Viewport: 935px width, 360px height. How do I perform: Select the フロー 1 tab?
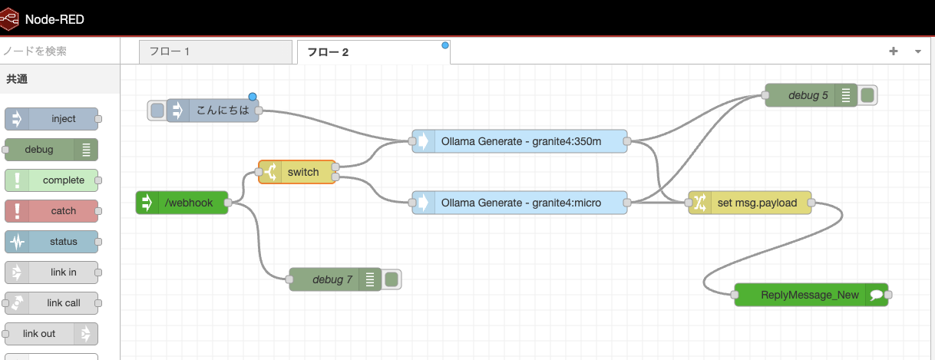click(x=215, y=52)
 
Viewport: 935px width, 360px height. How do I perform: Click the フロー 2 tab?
click(x=373, y=52)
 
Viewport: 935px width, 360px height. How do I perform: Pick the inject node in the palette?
click(x=51, y=119)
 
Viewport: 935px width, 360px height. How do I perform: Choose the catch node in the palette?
click(x=51, y=211)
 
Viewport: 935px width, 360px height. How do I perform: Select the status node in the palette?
click(x=51, y=242)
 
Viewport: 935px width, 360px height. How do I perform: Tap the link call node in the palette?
click(x=51, y=303)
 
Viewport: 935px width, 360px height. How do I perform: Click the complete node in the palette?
click(x=51, y=180)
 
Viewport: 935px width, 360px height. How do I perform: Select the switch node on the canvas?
click(x=302, y=172)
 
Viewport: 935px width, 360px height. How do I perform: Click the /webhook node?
click(x=188, y=203)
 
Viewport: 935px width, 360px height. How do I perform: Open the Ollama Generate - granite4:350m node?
click(x=520, y=141)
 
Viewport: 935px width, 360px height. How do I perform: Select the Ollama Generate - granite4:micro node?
click(x=520, y=203)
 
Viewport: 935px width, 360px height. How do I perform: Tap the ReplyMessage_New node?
click(x=810, y=295)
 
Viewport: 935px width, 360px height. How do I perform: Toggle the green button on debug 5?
click(x=868, y=95)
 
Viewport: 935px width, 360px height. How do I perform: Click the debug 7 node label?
click(x=332, y=279)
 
